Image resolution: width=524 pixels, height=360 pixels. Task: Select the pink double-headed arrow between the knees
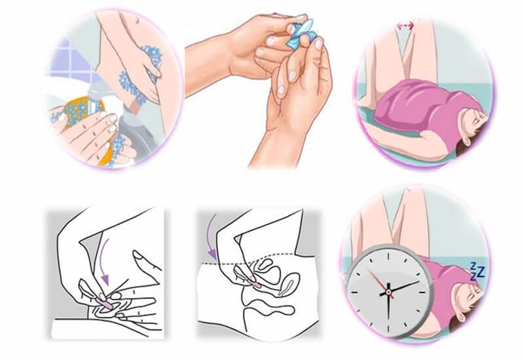[406, 26]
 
